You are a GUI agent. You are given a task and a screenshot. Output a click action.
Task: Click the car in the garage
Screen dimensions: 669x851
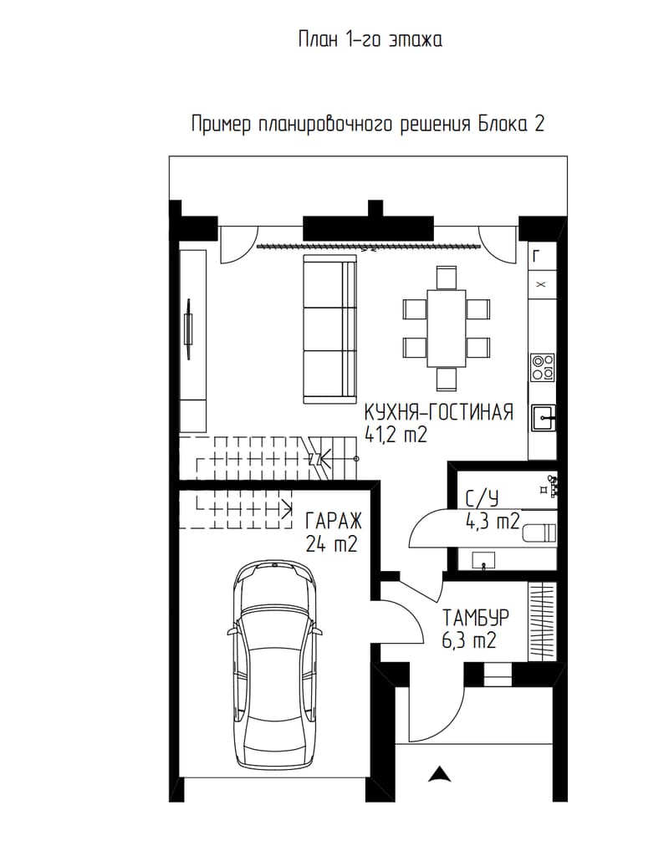pyautogui.click(x=274, y=665)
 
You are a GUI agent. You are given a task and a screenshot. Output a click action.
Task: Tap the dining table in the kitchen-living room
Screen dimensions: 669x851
pyautogui.click(x=447, y=329)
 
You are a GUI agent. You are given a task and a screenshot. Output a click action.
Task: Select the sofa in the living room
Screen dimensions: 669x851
pyautogui.click(x=329, y=329)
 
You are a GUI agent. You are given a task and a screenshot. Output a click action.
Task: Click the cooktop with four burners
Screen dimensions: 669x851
pyautogui.click(x=543, y=367)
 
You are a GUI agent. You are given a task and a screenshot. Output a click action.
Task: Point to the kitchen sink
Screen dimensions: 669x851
pyautogui.click(x=543, y=418)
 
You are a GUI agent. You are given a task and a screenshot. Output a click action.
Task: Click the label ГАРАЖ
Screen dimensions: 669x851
pyautogui.click(x=334, y=521)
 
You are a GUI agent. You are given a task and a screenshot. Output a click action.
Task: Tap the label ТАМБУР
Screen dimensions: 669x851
pyautogui.click(x=476, y=618)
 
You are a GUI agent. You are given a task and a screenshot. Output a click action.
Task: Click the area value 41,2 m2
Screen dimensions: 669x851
pyautogui.click(x=396, y=435)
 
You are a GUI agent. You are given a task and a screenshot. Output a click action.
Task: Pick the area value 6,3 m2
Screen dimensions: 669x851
pyautogui.click(x=469, y=640)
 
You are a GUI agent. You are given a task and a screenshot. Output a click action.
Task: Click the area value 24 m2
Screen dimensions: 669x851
pyautogui.click(x=331, y=543)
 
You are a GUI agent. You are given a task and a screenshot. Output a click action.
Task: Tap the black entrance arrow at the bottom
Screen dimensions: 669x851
pyautogui.click(x=439, y=774)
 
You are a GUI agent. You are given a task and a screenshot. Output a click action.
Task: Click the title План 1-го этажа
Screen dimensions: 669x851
pyautogui.click(x=370, y=39)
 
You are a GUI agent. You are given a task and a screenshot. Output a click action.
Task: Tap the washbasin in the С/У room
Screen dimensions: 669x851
pyautogui.click(x=484, y=559)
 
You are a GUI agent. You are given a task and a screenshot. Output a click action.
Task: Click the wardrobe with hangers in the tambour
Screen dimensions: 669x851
pyautogui.click(x=543, y=621)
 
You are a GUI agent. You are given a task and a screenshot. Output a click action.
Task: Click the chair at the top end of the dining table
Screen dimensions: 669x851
pyautogui.click(x=447, y=278)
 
